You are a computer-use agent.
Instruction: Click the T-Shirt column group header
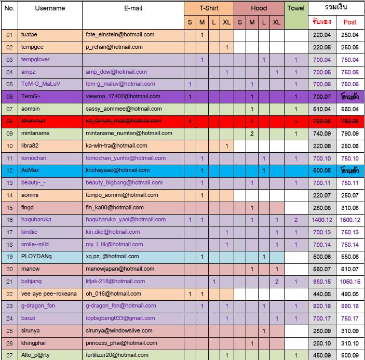pos(209,8)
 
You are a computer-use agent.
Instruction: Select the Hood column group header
pos(259,8)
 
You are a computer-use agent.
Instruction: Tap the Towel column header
pos(296,8)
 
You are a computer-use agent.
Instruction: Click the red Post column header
pos(350,22)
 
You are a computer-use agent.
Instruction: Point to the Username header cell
pos(50,8)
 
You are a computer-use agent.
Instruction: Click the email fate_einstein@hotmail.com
pos(120,35)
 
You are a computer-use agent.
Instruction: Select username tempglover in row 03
pos(35,60)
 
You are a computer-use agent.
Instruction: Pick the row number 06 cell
pos(9,97)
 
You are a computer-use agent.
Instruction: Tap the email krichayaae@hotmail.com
pos(117,170)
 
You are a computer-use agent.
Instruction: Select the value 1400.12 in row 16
pos(322,220)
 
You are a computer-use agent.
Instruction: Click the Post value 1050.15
pos(350,282)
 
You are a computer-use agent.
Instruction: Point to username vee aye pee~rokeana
pos(49,294)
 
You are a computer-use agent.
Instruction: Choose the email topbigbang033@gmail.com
pos(120,318)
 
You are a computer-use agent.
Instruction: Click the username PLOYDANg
pos(36,257)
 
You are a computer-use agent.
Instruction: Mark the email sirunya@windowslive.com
pos(119,331)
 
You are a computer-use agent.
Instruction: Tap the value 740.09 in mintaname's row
pos(322,134)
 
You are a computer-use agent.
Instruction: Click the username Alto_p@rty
pos(35,355)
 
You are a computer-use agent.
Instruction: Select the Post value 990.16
pos(350,306)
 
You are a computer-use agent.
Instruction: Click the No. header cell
pos(9,8)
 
